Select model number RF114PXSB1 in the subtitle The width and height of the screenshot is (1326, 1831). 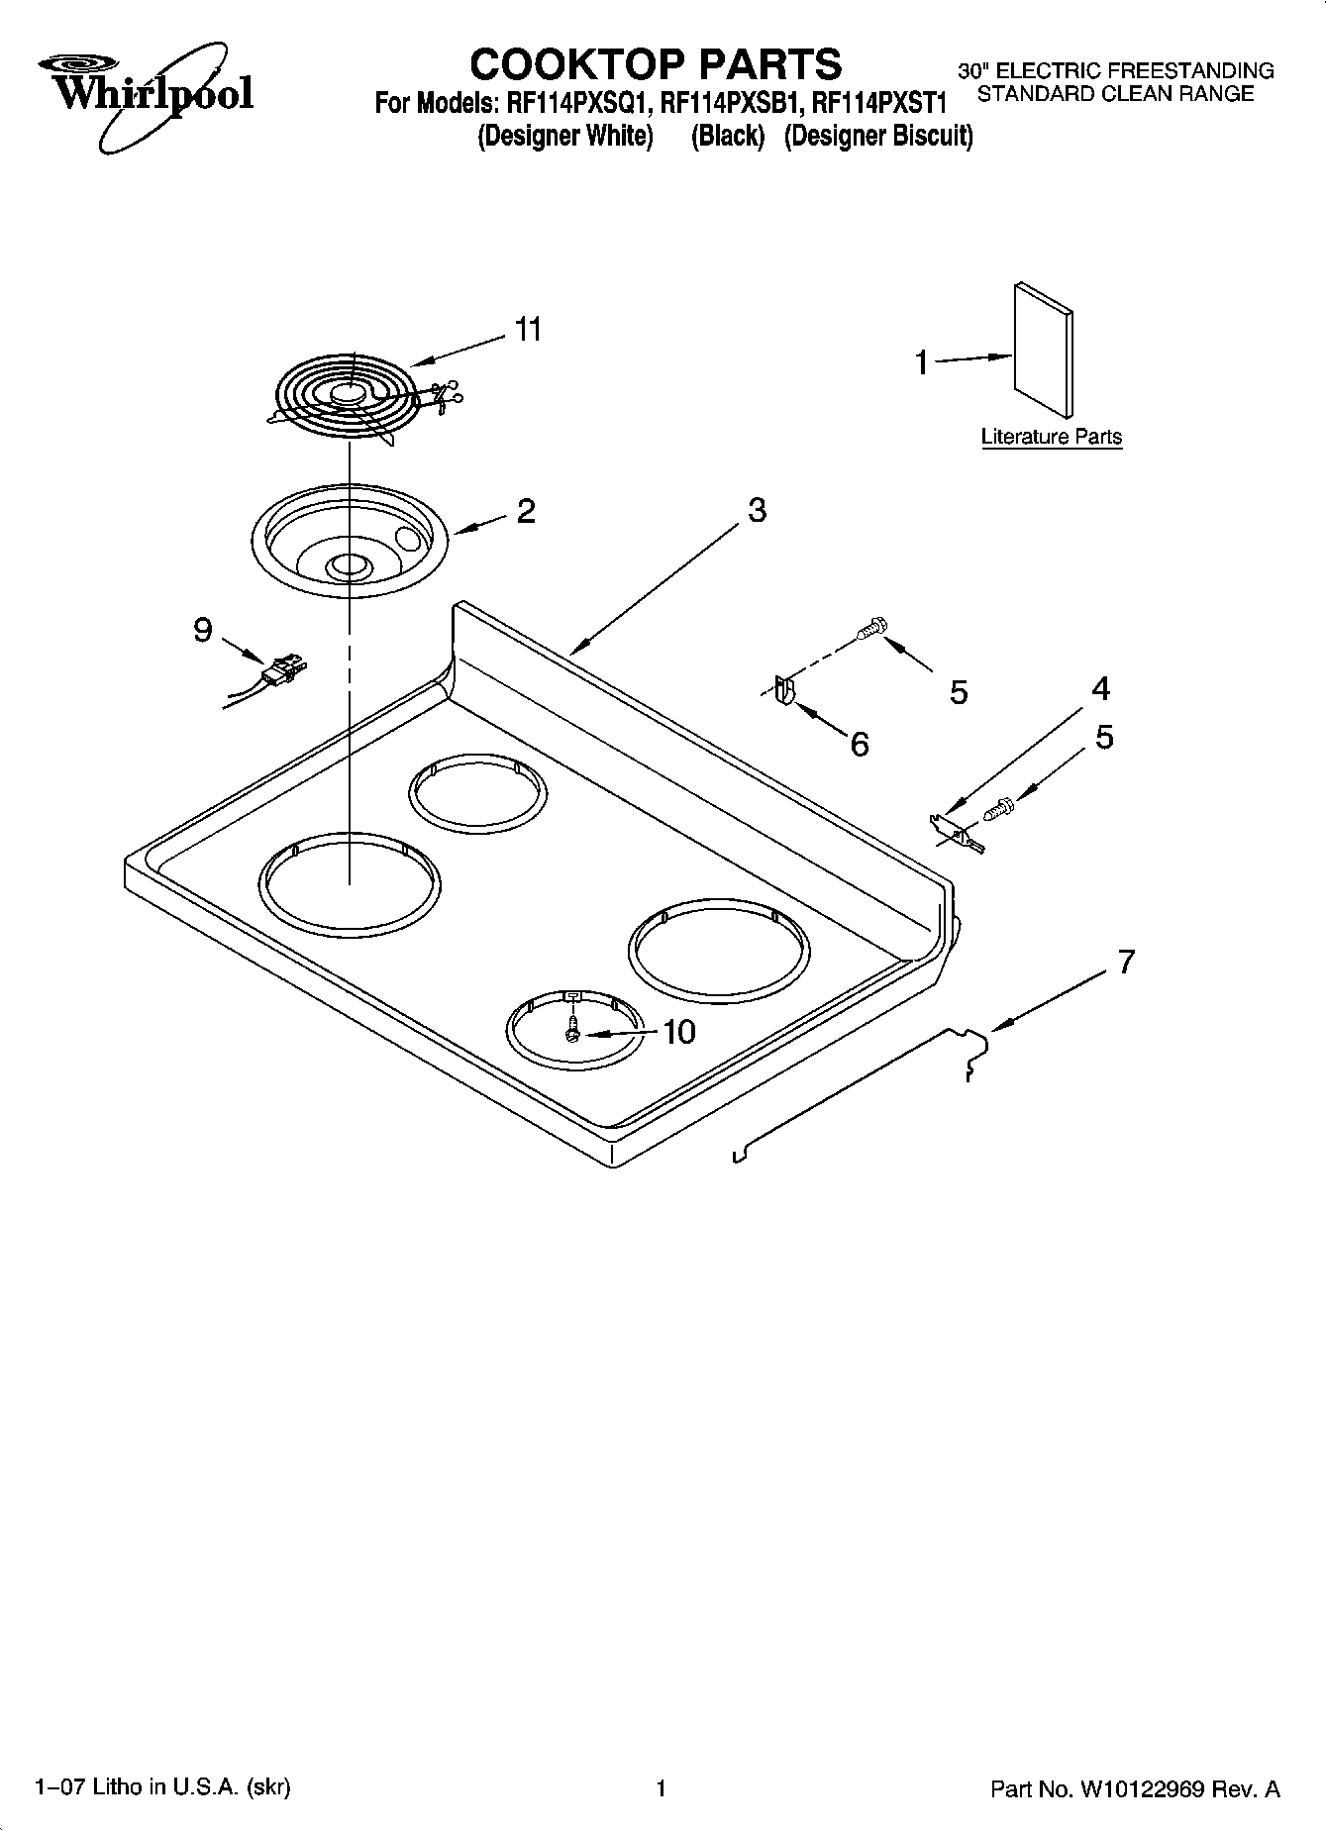(729, 103)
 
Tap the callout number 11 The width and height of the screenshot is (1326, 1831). (529, 330)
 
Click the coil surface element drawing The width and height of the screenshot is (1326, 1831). (347, 395)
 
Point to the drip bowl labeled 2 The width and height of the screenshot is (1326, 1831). (351, 540)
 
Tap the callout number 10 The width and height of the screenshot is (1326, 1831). (678, 1033)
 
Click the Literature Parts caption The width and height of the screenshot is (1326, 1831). (1051, 437)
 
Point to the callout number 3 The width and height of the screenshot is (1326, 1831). (757, 511)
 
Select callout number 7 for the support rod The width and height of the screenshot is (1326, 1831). (1126, 962)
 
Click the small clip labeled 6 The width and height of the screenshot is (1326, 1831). (783, 691)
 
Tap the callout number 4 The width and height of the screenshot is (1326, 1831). (1101, 689)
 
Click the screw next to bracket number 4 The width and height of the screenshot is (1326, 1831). (996, 809)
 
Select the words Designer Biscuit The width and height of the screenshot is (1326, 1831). (878, 137)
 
